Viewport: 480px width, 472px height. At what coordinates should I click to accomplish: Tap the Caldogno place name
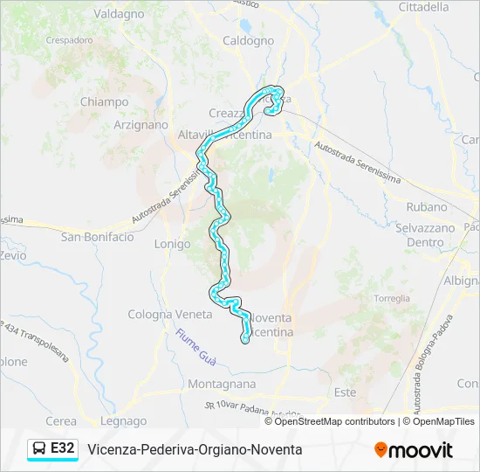(249, 40)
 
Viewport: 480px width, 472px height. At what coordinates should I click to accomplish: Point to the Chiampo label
(104, 101)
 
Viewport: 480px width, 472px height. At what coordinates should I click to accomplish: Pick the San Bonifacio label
(97, 237)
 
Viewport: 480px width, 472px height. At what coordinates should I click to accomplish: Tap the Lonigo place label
(172, 244)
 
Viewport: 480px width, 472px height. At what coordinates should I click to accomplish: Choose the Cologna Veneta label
(170, 314)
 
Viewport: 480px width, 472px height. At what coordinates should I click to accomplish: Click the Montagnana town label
(222, 384)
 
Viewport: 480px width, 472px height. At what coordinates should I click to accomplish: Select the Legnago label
(123, 420)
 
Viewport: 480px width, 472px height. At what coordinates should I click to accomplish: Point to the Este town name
(345, 392)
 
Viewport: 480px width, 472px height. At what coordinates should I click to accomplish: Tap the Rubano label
(427, 207)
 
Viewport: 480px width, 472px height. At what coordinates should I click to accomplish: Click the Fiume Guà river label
(195, 346)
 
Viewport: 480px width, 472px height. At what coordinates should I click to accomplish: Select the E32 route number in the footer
(62, 448)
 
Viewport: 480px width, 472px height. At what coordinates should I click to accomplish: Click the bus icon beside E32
(39, 448)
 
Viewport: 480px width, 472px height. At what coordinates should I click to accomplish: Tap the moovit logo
(414, 449)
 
